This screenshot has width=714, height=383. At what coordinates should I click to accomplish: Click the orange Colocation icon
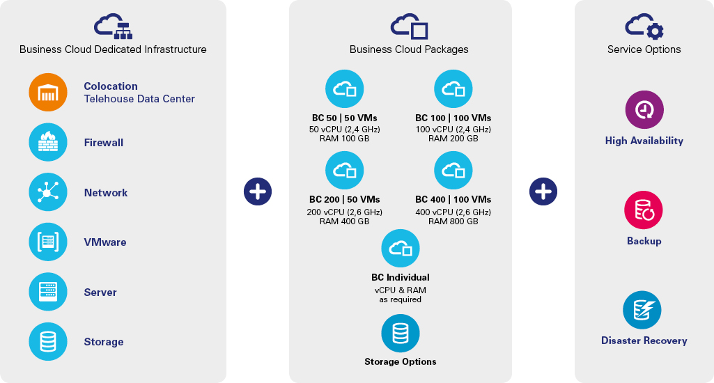point(48,93)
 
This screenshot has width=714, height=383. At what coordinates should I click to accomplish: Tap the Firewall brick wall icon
point(48,142)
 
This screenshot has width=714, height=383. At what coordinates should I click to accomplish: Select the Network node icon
point(48,191)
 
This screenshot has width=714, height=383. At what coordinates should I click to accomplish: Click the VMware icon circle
point(48,242)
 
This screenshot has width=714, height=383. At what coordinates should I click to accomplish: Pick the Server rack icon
point(48,292)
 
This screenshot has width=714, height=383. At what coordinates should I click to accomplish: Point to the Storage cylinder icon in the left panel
point(48,341)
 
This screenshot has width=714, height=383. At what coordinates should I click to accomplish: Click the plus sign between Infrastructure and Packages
point(258,191)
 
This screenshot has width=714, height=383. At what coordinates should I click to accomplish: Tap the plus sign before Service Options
point(543,191)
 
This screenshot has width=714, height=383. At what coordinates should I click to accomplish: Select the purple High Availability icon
point(644,110)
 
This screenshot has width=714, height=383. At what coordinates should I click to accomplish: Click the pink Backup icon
point(644,210)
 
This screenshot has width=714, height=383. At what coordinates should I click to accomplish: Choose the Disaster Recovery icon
point(642,310)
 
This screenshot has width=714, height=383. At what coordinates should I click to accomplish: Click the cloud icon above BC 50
point(344,89)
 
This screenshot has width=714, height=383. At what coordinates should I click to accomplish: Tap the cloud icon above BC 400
point(453,171)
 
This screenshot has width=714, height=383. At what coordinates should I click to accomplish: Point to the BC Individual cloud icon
point(401,248)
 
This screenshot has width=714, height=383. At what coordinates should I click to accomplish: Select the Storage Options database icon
point(401,334)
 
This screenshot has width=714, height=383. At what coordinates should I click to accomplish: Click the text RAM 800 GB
point(453,221)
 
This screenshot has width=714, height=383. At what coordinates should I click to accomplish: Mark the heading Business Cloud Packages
point(409,49)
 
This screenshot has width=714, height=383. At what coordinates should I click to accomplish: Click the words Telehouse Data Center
point(139,99)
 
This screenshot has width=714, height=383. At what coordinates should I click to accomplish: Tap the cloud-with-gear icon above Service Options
point(644,26)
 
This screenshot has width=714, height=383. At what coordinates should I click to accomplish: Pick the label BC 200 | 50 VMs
point(344,199)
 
